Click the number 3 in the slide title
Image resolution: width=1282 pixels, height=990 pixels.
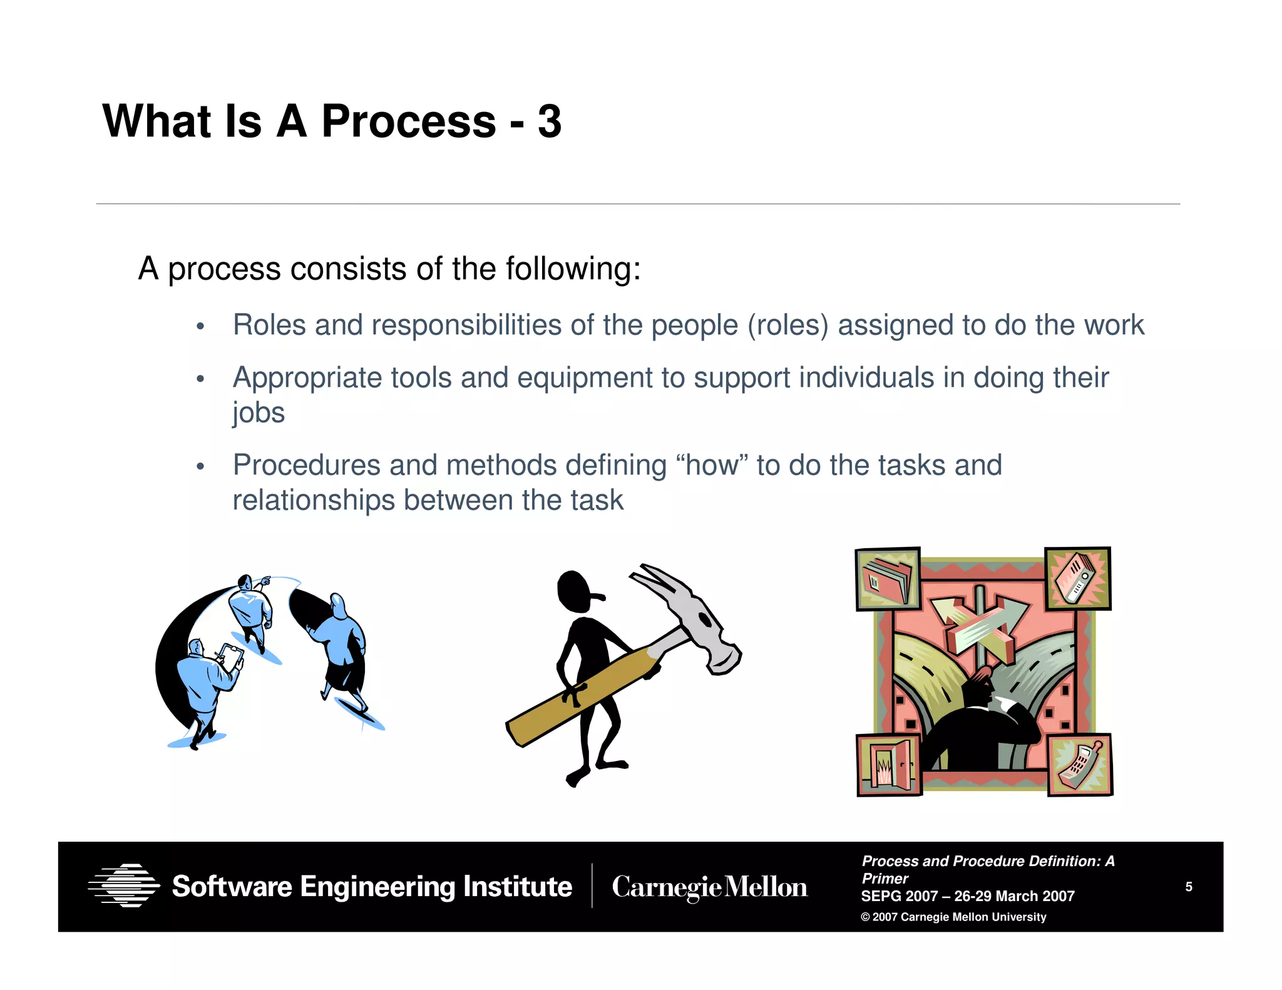pos(549,121)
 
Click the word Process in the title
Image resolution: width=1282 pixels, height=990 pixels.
pos(408,121)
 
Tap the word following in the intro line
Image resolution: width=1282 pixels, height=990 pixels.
pos(572,269)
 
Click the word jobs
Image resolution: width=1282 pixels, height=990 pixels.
pos(259,413)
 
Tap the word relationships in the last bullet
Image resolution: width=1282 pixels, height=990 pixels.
pos(313,501)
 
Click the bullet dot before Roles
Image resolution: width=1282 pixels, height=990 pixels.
pos(200,327)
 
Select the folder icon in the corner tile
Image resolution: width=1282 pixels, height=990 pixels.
pos(888,579)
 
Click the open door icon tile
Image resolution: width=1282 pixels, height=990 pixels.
pos(889,765)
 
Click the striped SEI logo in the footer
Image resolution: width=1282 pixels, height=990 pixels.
pos(124,885)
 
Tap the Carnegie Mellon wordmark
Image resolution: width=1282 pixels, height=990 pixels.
pos(709,887)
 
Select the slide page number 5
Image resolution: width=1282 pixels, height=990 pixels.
pos(1189,887)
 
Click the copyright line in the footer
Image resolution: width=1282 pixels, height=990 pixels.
pos(953,917)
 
